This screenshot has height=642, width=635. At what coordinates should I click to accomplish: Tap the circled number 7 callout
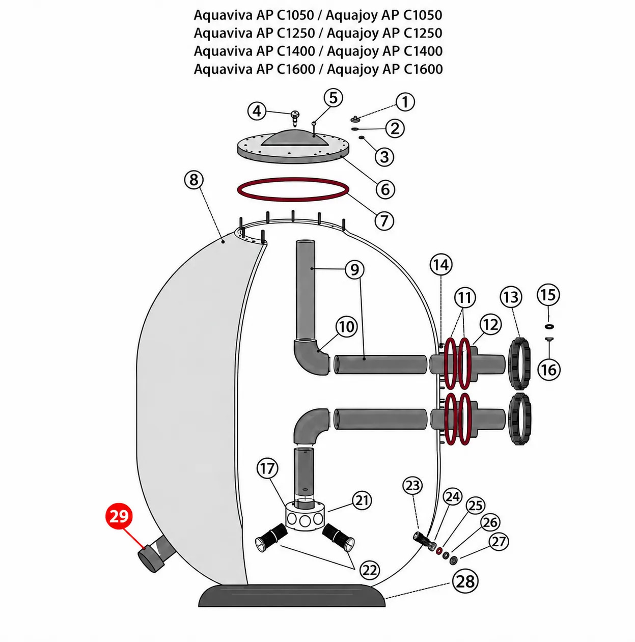coord(383,220)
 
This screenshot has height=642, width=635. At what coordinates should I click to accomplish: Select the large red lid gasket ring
coord(292,189)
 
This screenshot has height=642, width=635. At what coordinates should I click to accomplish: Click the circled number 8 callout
coord(194,180)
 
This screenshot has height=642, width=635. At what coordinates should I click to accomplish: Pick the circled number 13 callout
coord(510,297)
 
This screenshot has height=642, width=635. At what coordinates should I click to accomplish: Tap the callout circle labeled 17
coord(267,469)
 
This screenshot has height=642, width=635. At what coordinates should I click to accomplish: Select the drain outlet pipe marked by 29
coord(157,557)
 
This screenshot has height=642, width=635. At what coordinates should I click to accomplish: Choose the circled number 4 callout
coord(257,111)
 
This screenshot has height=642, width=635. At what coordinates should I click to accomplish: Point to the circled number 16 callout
coord(548,370)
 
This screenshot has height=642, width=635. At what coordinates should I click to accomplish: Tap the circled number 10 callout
coord(346,326)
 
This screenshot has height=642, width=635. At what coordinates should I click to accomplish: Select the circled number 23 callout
coord(412,486)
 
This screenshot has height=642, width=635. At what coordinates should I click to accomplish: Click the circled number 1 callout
coord(405,102)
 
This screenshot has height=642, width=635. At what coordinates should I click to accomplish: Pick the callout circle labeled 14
coord(440,265)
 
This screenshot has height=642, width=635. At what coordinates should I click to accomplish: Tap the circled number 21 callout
coord(362,500)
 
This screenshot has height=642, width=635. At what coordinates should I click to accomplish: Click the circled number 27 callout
coord(499,541)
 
